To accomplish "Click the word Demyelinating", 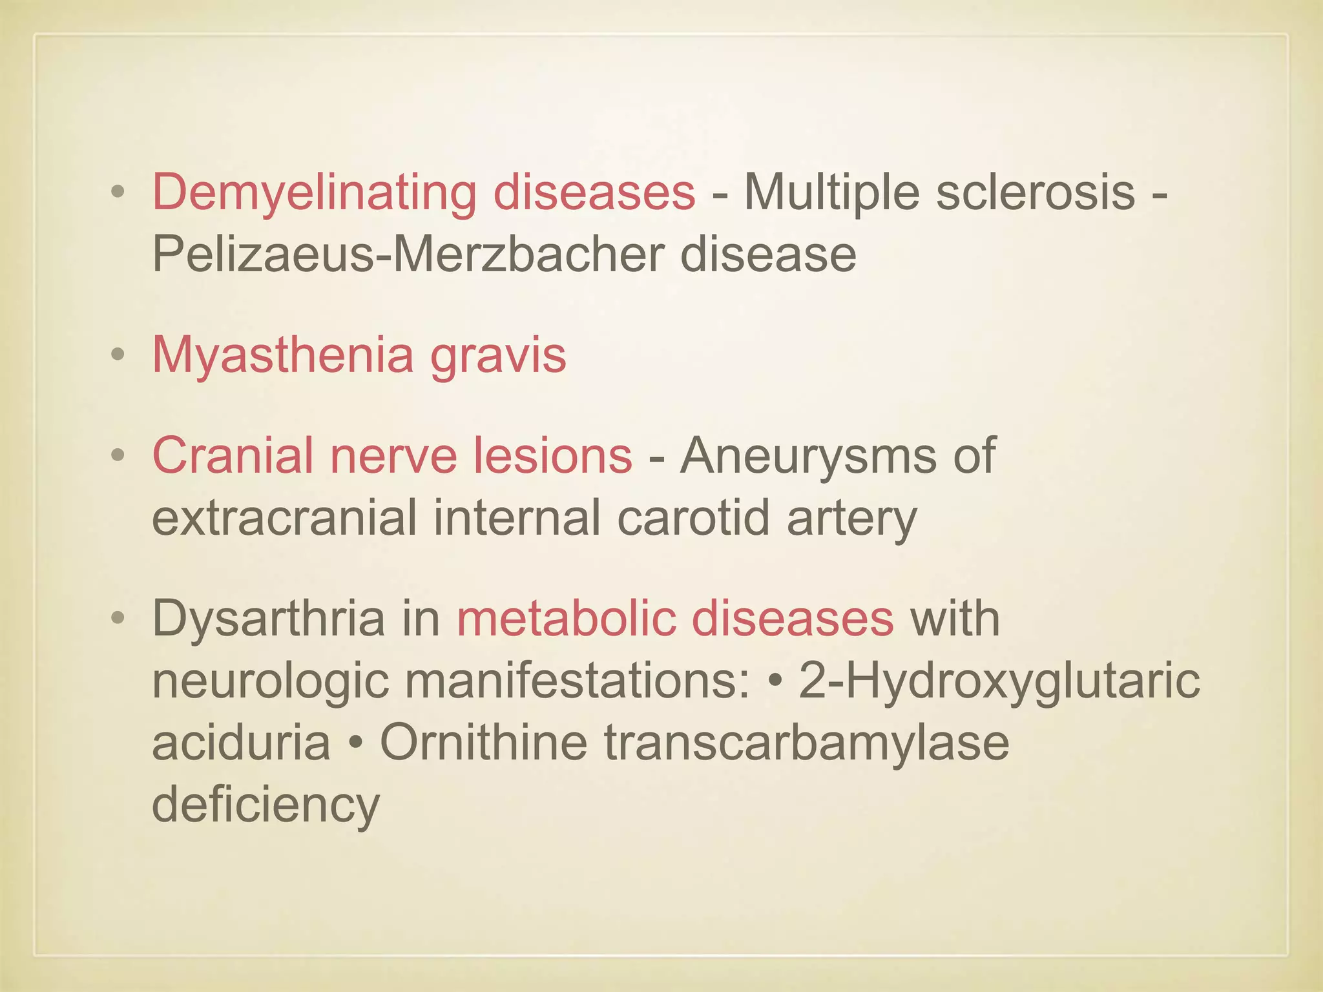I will pyautogui.click(x=314, y=192).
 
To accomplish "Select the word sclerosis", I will pyautogui.click(x=1036, y=192).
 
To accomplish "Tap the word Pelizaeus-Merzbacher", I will pyautogui.click(x=408, y=254).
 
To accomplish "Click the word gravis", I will pyautogui.click(x=499, y=356).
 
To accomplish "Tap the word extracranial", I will pyautogui.click(x=284, y=518).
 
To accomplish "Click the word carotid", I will pyautogui.click(x=693, y=518).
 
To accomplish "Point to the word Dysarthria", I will pyautogui.click(x=268, y=619).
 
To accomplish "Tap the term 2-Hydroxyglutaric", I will pyautogui.click(x=999, y=681).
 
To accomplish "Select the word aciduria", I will pyautogui.click(x=241, y=743).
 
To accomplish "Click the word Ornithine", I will pyautogui.click(x=484, y=743).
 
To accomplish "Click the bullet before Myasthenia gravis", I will pyautogui.click(x=118, y=355).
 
